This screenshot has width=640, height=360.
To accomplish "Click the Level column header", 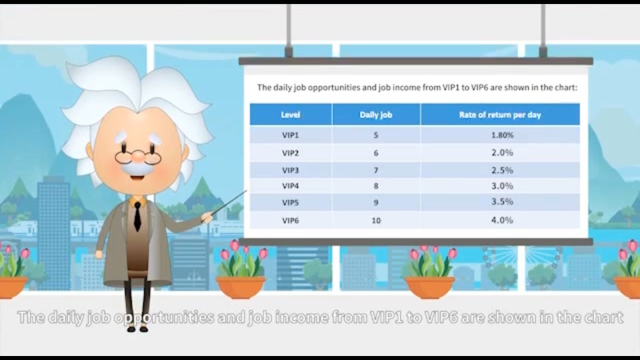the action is pyautogui.click(x=291, y=115).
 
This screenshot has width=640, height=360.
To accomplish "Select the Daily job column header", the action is pyautogui.click(x=376, y=115).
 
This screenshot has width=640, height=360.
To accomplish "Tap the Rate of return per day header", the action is pyautogui.click(x=500, y=115).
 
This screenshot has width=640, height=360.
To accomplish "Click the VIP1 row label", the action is pyautogui.click(x=290, y=135).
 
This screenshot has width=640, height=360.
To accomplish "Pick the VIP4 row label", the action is pyautogui.click(x=290, y=186).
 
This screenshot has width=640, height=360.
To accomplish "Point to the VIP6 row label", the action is pyautogui.click(x=290, y=221).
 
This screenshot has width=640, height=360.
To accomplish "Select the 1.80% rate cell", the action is pyautogui.click(x=502, y=135).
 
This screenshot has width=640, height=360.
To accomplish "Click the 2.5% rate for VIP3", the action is pyautogui.click(x=502, y=170).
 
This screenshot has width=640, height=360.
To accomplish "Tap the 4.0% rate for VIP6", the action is pyautogui.click(x=502, y=221).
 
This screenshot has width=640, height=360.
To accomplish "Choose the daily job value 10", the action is pyautogui.click(x=376, y=221).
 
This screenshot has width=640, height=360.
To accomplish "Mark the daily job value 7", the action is pyautogui.click(x=376, y=170).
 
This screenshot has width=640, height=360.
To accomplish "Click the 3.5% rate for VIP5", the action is pyautogui.click(x=502, y=201).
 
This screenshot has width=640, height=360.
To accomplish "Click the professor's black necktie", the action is pyautogui.click(x=137, y=216).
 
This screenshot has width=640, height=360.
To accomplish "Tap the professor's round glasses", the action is pyautogui.click(x=138, y=156).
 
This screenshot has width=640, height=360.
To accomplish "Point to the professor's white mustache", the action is pyautogui.click(x=138, y=168).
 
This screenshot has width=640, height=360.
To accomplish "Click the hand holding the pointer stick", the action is pyautogui.click(x=207, y=217).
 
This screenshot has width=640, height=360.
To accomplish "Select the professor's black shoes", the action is pyautogui.click(x=137, y=328).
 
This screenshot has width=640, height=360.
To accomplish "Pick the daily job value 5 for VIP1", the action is pyautogui.click(x=376, y=135).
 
